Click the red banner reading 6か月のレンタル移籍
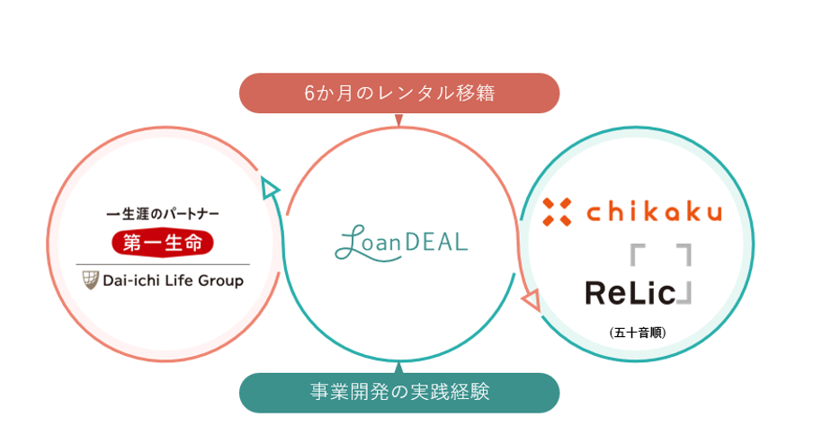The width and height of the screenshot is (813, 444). click(399, 93)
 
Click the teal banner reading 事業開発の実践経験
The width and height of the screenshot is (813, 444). click(399, 392)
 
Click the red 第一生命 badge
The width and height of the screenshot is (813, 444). click(163, 242)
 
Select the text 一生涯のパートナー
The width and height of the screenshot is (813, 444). click(163, 215)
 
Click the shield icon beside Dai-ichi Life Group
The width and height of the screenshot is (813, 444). click(90, 280)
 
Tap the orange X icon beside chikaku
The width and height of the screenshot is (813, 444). click(557, 212)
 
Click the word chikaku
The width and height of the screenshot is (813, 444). click(654, 212)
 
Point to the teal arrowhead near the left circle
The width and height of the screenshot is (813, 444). click(269, 187)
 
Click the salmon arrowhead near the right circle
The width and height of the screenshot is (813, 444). click(531, 299)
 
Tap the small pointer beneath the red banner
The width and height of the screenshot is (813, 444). click(399, 118)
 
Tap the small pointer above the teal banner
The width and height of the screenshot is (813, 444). click(399, 367)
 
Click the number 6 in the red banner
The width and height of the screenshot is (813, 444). click(310, 93)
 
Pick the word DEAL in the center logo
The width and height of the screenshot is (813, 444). click(438, 242)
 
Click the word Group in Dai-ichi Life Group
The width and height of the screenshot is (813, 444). click(222, 280)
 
